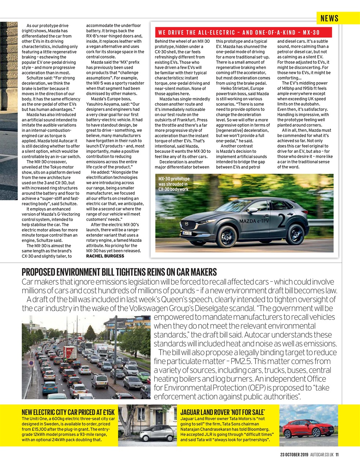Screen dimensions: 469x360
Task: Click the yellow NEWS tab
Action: [329, 18]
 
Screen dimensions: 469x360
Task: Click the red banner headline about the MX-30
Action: [239, 33]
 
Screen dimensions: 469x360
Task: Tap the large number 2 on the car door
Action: [282, 221]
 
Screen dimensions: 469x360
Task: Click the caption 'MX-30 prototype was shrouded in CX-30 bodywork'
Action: [173, 184]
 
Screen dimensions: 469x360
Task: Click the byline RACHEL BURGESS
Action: [105, 256]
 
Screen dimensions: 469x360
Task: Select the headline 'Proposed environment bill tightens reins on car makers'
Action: [119, 272]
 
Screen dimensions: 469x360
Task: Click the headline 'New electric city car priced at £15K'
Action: [68, 412]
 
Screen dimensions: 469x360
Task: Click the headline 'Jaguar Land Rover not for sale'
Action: [223, 412]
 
